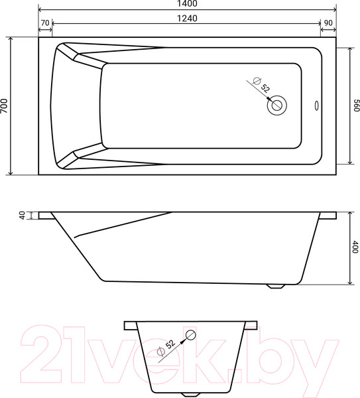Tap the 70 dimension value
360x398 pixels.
tap(45, 23)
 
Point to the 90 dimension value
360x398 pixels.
tap(328, 23)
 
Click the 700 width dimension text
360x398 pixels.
tap(5, 106)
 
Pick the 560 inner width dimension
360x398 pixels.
tap(355, 106)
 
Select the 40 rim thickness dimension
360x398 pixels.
tap(22, 215)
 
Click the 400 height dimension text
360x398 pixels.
tap(355, 247)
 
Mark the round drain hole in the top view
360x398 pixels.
tap(276, 104)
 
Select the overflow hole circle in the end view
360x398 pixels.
tap(190, 335)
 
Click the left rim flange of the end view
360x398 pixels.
tap(129, 325)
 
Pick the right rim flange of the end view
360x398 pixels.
tap(250, 325)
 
